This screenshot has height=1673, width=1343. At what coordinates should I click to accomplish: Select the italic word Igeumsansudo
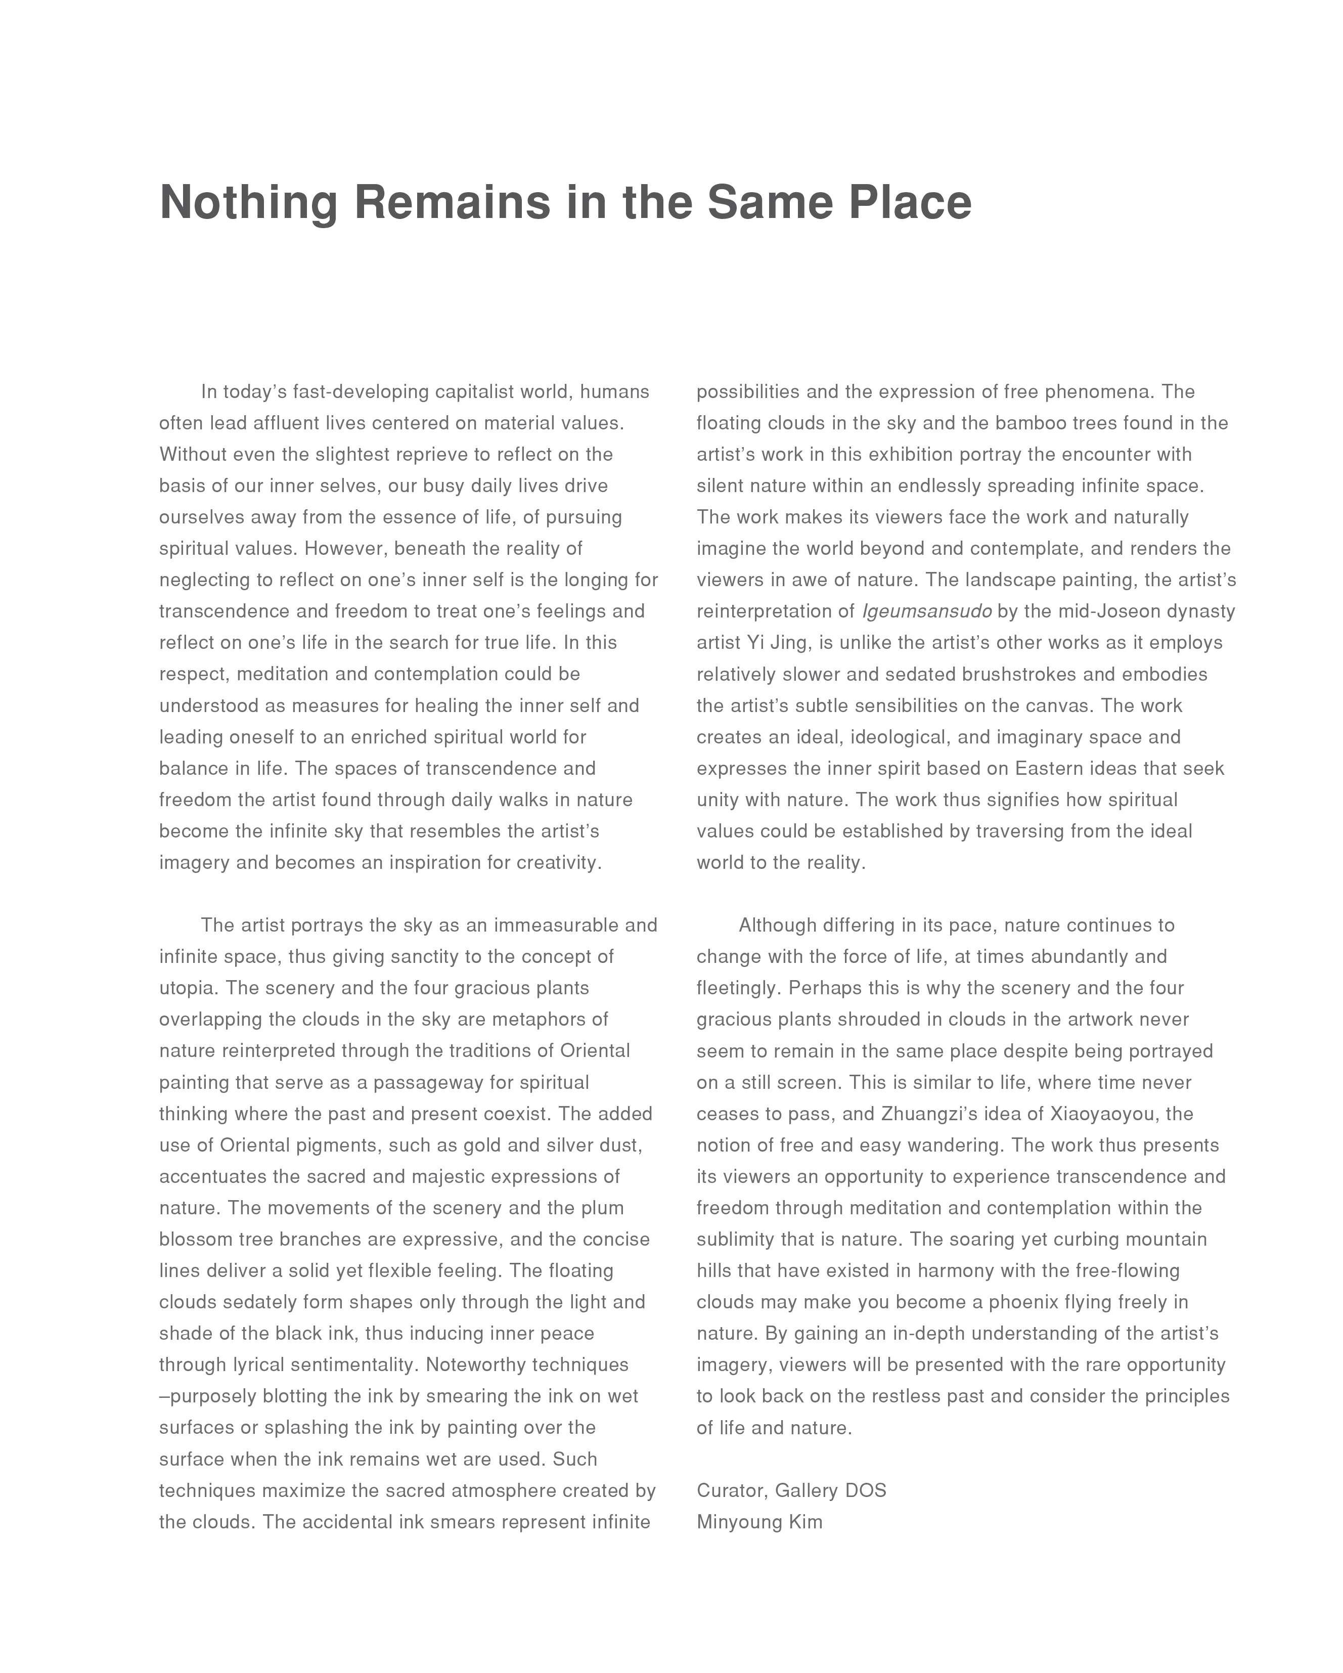[x=926, y=611]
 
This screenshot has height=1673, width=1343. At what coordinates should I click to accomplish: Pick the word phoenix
[x=1023, y=1302]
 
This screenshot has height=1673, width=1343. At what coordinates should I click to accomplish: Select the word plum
[x=603, y=1208]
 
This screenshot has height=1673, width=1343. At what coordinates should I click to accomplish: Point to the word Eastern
[x=1047, y=768]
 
